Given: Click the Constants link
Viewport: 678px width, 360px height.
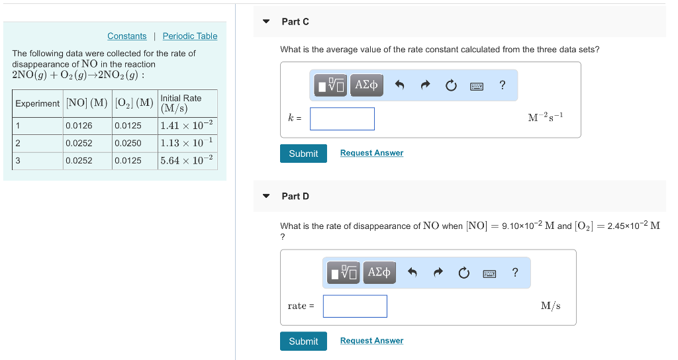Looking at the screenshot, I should coord(127,36).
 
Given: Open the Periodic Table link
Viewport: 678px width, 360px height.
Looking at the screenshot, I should coord(190,36).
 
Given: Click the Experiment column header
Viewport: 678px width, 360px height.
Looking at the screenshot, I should coord(38,103).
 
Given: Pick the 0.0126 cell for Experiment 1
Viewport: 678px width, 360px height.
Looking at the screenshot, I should coord(79,126).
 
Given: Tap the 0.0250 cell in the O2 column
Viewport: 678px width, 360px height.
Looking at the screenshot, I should coord(128,143).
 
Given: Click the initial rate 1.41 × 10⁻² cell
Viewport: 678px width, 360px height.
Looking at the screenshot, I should coord(187,126).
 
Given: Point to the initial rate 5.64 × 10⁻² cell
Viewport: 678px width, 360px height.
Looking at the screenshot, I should coord(187,160).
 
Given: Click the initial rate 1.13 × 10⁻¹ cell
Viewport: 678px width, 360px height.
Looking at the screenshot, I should coord(187,143).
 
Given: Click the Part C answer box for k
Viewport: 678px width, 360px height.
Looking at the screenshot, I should coord(342,118).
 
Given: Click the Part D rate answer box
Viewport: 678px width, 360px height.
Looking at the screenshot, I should coord(355,306).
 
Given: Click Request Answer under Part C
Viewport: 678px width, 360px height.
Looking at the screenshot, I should coord(371,153).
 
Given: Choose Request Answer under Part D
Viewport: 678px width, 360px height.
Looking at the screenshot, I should coord(371,341).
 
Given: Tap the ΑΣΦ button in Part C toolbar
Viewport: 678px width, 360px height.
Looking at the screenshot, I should coord(366,85).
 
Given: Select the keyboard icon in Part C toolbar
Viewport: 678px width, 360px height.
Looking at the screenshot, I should coord(477,85).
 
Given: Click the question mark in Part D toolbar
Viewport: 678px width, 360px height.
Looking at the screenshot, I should coord(515,272).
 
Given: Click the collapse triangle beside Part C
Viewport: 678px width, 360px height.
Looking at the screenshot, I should coord(266,22).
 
